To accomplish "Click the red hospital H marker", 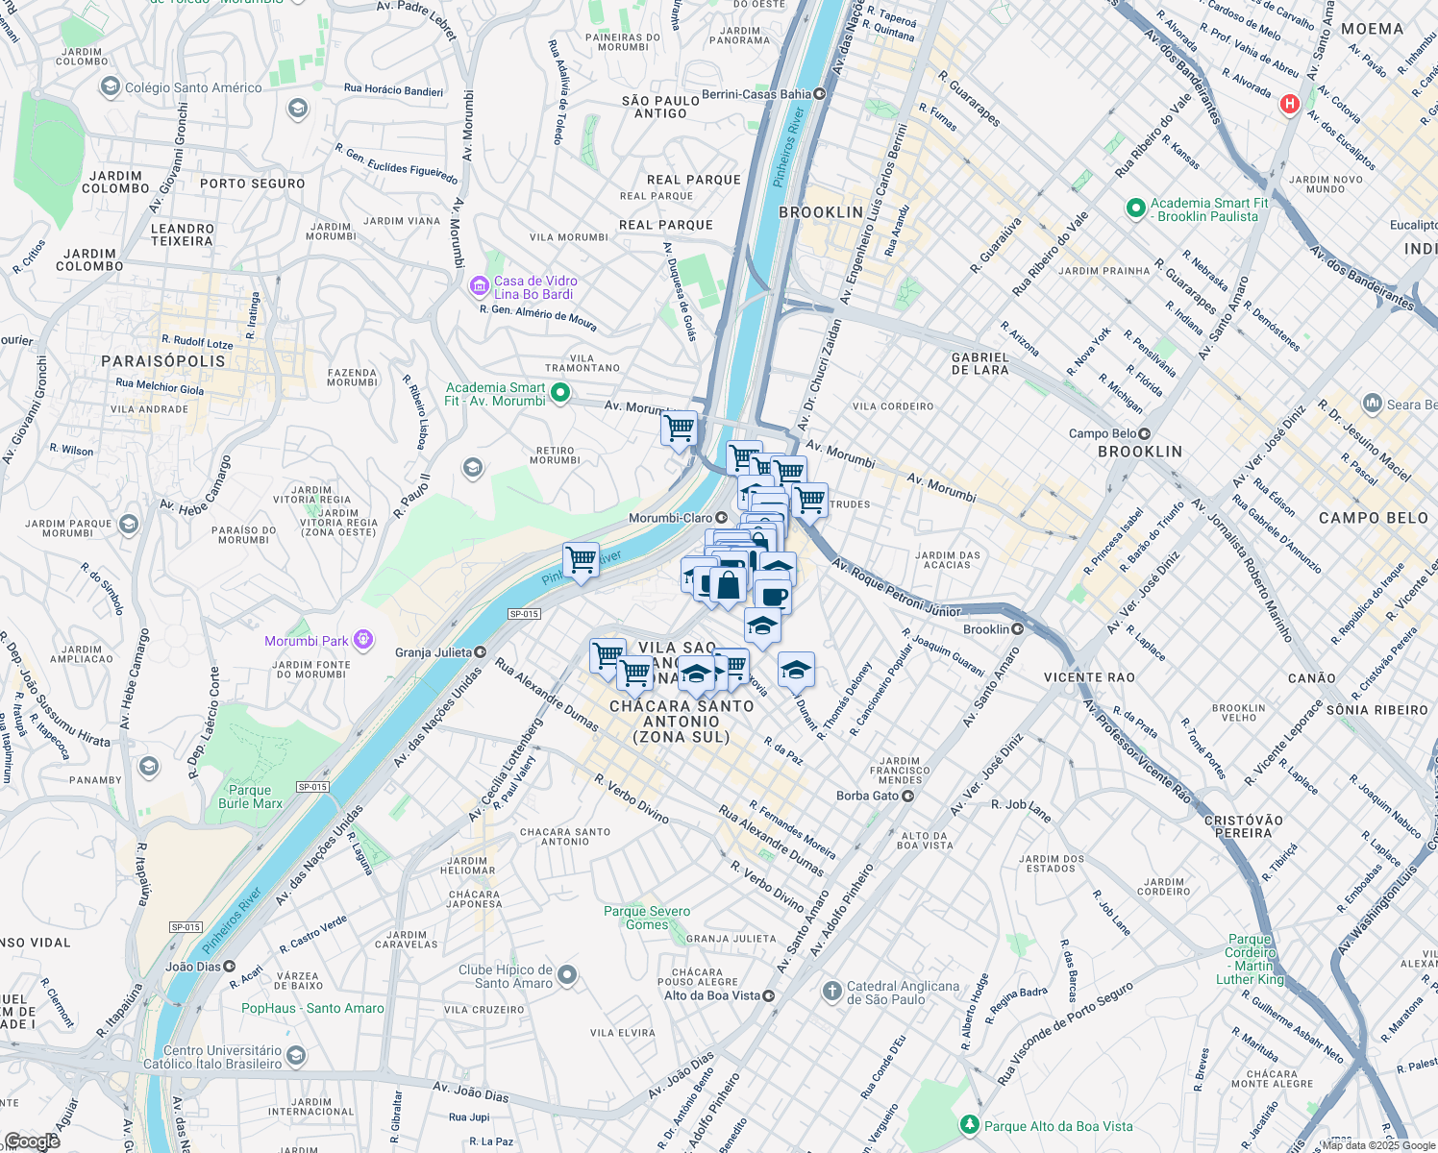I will pyautogui.click(x=1290, y=104).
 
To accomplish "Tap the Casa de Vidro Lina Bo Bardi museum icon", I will pyautogui.click(x=479, y=286).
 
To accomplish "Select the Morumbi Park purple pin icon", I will pyautogui.click(x=362, y=640).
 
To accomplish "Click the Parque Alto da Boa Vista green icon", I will pyautogui.click(x=970, y=1125).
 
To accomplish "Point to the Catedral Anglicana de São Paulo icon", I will pyautogui.click(x=832, y=992).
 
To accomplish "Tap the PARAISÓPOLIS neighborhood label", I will pyautogui.click(x=163, y=361).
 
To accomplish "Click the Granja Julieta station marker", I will pyautogui.click(x=480, y=652).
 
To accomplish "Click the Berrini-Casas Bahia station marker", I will pyautogui.click(x=820, y=94).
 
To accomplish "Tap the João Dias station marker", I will pyautogui.click(x=230, y=967).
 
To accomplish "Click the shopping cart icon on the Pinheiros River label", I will pyautogui.click(x=581, y=560).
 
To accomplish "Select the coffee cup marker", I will pyautogui.click(x=773, y=597).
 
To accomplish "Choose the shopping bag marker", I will pyautogui.click(x=729, y=584).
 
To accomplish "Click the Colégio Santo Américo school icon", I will pyautogui.click(x=111, y=87).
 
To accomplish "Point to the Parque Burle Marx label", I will pyautogui.click(x=250, y=797).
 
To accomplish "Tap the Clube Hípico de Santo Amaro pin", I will pyautogui.click(x=567, y=975).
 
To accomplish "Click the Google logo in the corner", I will pyautogui.click(x=32, y=1141).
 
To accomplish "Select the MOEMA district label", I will pyautogui.click(x=1372, y=29).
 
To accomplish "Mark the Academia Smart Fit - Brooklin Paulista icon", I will pyautogui.click(x=1135, y=208).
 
